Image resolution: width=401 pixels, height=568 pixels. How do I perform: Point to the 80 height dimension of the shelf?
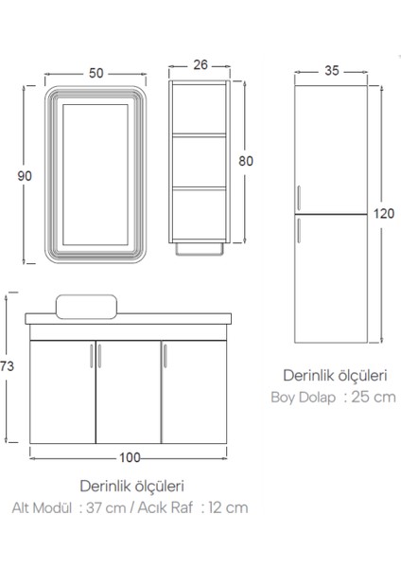tap(247, 161)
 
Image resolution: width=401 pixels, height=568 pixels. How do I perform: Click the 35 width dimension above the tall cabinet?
tap(331, 70)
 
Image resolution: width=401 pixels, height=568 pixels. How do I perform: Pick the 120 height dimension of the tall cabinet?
tap(383, 213)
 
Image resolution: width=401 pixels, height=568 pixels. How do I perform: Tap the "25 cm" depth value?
tap(374, 398)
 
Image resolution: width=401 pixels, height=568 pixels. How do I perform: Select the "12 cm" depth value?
tap(227, 507)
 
